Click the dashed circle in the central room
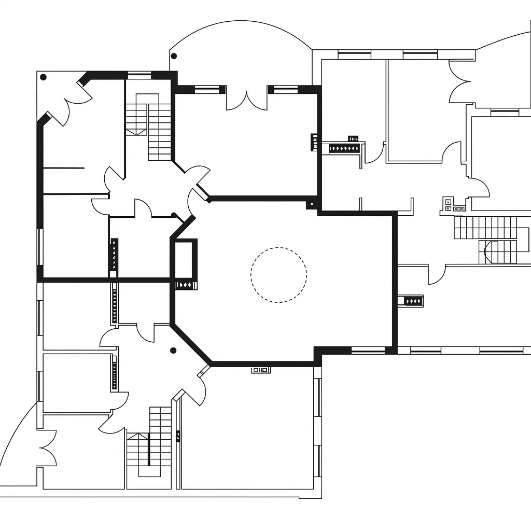coord(278,275)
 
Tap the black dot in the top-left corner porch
coord(44,77)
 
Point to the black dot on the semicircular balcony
coord(174,56)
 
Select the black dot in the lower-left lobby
coord(173,351)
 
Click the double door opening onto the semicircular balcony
coord(247,100)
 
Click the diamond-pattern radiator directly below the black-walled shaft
coord(186,285)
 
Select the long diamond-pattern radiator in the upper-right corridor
coord(344,149)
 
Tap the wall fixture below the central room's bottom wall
coord(261,370)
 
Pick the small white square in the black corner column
coord(311,204)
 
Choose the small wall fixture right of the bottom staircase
coord(178,436)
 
